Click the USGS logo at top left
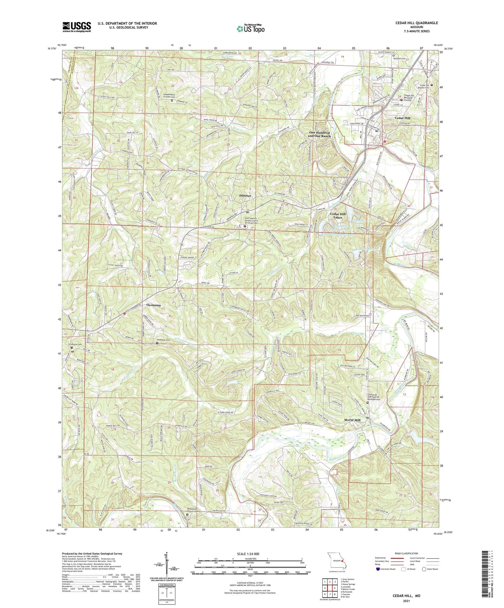click(x=77, y=27)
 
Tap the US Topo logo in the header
click(x=250, y=29)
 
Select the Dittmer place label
click(x=245, y=196)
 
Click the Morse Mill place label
click(x=352, y=420)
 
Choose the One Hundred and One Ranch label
click(x=319, y=134)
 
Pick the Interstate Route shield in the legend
click(x=378, y=569)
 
